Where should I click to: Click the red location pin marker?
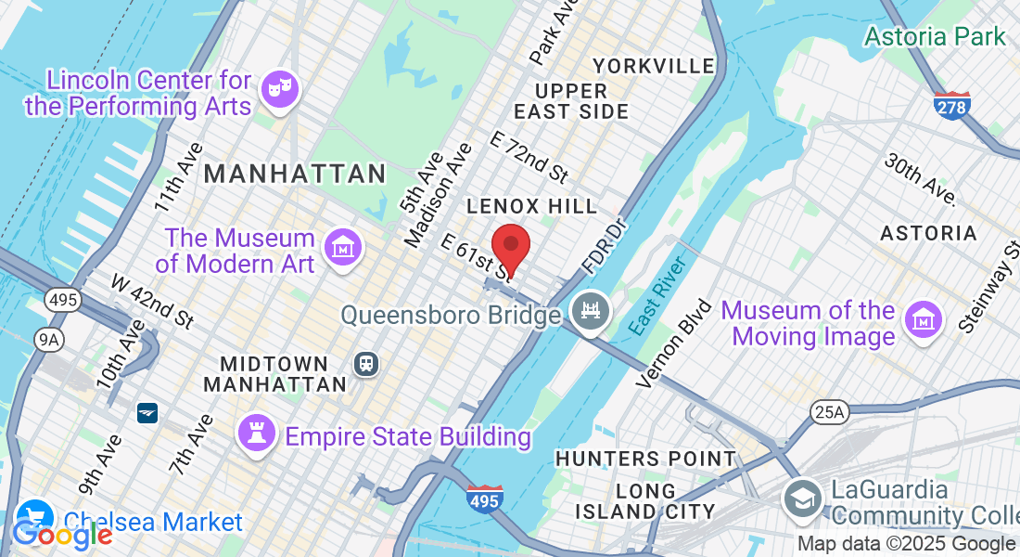510,247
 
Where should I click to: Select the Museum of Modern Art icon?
343,248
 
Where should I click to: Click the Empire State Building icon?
253,433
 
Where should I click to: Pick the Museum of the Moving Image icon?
924,319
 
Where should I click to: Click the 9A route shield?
48,340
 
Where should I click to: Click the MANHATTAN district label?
295,174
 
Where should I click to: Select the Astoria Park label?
935,37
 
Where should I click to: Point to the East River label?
657,296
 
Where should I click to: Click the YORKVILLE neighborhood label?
654,66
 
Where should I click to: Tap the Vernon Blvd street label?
674,343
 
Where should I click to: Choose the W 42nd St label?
152,301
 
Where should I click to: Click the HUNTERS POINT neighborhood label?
645,459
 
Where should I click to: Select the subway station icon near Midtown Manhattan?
367,363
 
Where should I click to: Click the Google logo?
61,534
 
